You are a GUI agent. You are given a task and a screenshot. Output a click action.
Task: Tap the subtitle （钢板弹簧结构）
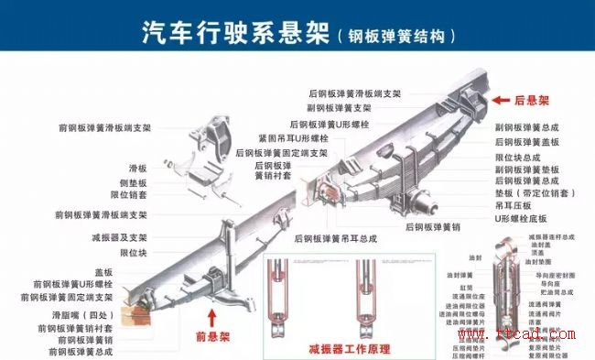[395, 37]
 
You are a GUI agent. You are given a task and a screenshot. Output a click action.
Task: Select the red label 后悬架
[531, 100]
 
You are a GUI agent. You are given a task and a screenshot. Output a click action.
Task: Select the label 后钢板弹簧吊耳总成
[336, 238]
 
